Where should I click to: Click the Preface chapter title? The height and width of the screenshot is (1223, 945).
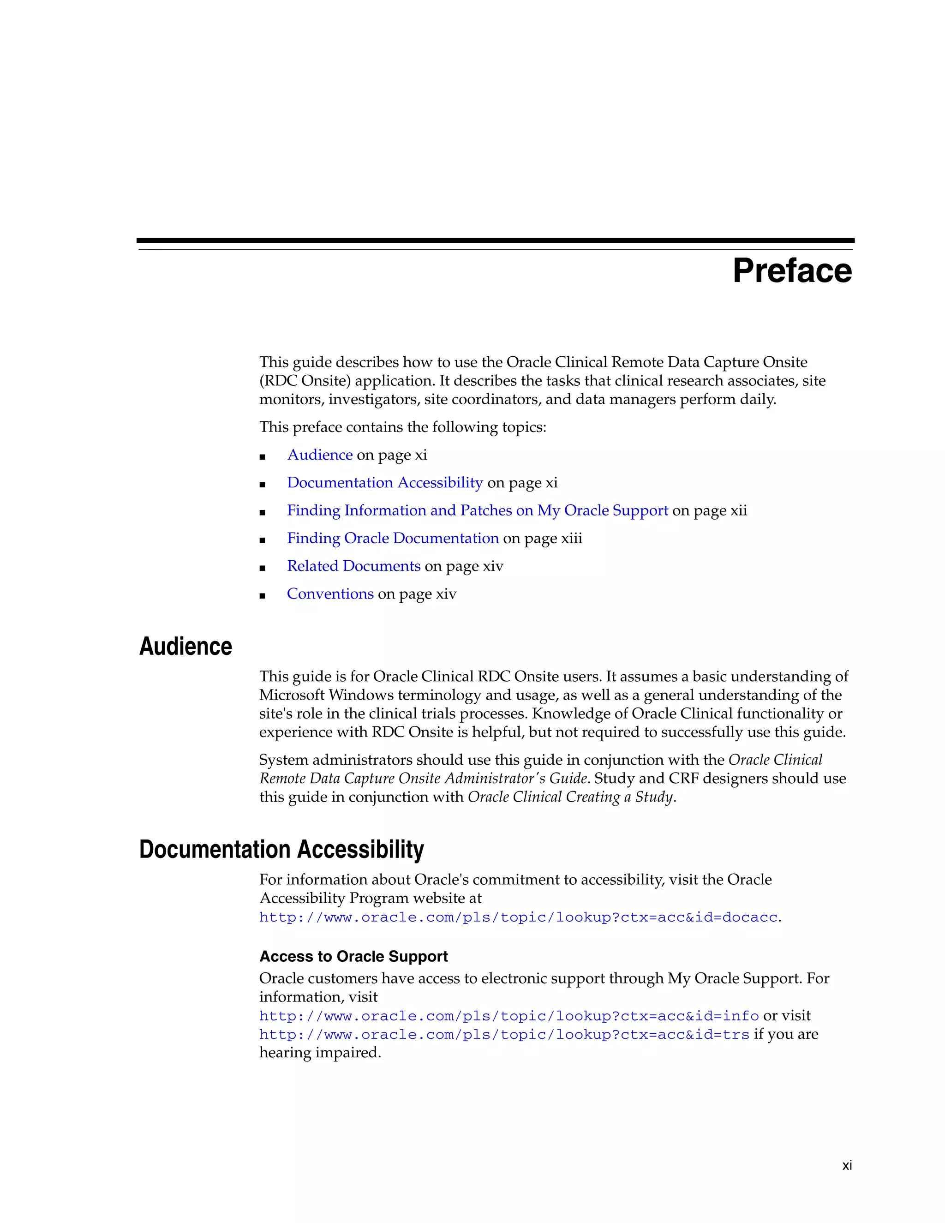point(792,271)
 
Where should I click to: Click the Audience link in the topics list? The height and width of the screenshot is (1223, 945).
point(320,455)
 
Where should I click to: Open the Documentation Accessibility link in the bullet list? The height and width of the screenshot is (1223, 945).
point(385,483)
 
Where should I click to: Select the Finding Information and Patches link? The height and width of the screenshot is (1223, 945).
point(477,511)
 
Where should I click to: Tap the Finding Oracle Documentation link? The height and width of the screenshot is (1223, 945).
point(393,538)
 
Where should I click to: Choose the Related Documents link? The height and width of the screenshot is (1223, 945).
point(353,566)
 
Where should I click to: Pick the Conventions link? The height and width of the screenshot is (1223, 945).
point(330,594)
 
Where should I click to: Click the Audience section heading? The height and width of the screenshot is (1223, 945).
point(185,646)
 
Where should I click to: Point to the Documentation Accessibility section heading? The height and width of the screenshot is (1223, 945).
point(281,850)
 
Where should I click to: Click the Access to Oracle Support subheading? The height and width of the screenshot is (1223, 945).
point(353,956)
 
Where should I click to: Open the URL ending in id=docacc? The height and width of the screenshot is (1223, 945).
point(518,917)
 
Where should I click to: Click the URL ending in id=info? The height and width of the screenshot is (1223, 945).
point(508,1016)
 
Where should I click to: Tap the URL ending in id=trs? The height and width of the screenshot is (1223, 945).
point(504,1034)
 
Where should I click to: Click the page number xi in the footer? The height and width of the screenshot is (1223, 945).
point(846,1165)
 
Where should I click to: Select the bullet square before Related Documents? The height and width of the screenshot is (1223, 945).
point(263,568)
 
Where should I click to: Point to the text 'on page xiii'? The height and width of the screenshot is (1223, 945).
point(543,539)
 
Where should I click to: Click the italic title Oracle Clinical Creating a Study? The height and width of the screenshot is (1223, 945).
point(570,797)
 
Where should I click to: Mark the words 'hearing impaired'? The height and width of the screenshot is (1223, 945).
point(319,1053)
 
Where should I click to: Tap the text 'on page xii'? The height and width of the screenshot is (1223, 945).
point(709,511)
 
